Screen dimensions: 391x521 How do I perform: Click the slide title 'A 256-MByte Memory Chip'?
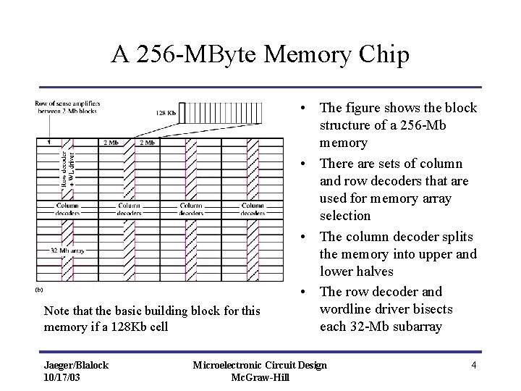pos(260,55)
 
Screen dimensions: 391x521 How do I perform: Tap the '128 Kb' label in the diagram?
pos(166,113)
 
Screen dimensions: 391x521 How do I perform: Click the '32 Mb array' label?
pos(55,251)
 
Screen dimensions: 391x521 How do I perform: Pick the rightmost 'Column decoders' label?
pos(253,209)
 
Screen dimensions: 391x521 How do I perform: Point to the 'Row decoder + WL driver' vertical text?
pos(67,170)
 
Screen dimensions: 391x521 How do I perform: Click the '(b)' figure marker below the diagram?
pos(39,290)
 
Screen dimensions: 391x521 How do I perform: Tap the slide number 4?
pos(473,365)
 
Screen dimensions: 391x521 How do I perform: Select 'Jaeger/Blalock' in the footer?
pos(76,365)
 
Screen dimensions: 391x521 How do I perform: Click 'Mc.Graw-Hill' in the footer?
pos(260,377)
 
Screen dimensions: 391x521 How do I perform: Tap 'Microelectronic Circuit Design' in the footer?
pos(260,365)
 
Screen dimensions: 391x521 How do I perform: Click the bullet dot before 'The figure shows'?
pos(308,109)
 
